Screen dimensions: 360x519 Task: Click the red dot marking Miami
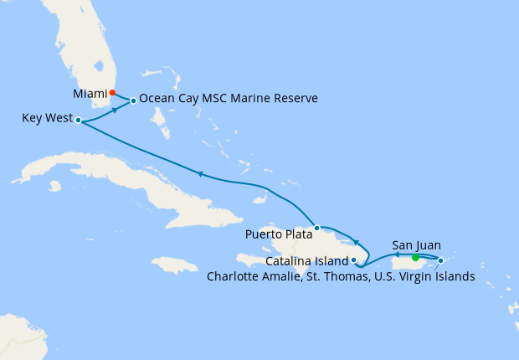[112, 93]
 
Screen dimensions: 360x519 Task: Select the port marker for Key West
[78, 121]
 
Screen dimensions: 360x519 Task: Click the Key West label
[47, 120]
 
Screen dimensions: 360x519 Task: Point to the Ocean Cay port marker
[133, 101]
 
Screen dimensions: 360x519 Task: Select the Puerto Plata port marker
[316, 228]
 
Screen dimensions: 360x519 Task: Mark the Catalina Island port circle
[354, 260]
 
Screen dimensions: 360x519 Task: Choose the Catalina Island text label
[307, 261]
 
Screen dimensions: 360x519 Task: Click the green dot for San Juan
[415, 257]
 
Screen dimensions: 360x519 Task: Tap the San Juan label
[415, 245]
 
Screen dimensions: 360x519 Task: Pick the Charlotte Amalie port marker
[440, 260]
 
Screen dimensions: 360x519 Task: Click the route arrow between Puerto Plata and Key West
[200, 174]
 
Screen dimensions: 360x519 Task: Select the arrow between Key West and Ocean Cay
[115, 110]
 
